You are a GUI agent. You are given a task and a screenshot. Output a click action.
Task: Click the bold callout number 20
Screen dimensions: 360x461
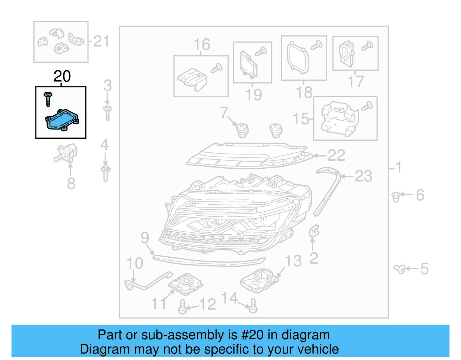coord(62,76)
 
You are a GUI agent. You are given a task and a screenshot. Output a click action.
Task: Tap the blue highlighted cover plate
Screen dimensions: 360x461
coord(62,120)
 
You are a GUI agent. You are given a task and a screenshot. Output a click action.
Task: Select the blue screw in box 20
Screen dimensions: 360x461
coord(48,99)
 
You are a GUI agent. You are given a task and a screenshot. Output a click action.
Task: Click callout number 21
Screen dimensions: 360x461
coord(101,42)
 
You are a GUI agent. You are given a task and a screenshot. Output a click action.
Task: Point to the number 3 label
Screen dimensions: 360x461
coord(107,86)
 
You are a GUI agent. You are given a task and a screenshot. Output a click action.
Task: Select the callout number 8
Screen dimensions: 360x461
coord(71,183)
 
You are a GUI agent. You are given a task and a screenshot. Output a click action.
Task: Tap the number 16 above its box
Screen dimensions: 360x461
coord(202,45)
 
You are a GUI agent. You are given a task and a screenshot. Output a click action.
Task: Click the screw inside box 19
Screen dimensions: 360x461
coord(261,52)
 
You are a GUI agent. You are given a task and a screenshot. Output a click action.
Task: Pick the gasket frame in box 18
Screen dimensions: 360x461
coord(298,56)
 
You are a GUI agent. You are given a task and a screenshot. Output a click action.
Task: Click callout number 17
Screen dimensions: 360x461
coord(356,82)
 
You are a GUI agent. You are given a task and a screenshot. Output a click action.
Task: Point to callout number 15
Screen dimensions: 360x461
coord(301,119)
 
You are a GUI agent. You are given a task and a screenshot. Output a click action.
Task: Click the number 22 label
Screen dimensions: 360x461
coord(336,156)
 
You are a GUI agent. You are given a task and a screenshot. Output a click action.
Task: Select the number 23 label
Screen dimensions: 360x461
coord(363,176)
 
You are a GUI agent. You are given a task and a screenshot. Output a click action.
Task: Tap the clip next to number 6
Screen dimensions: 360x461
coord(396,197)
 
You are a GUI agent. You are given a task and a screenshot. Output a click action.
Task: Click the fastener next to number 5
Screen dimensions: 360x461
coord(400,269)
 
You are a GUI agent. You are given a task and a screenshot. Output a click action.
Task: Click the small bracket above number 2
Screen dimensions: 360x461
coord(314,231)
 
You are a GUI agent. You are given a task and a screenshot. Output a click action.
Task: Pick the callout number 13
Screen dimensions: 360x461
coord(293,261)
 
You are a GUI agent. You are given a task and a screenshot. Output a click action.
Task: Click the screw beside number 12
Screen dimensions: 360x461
coord(182,307)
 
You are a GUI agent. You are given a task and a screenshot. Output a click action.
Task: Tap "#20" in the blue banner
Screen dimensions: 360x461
coord(252,335)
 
